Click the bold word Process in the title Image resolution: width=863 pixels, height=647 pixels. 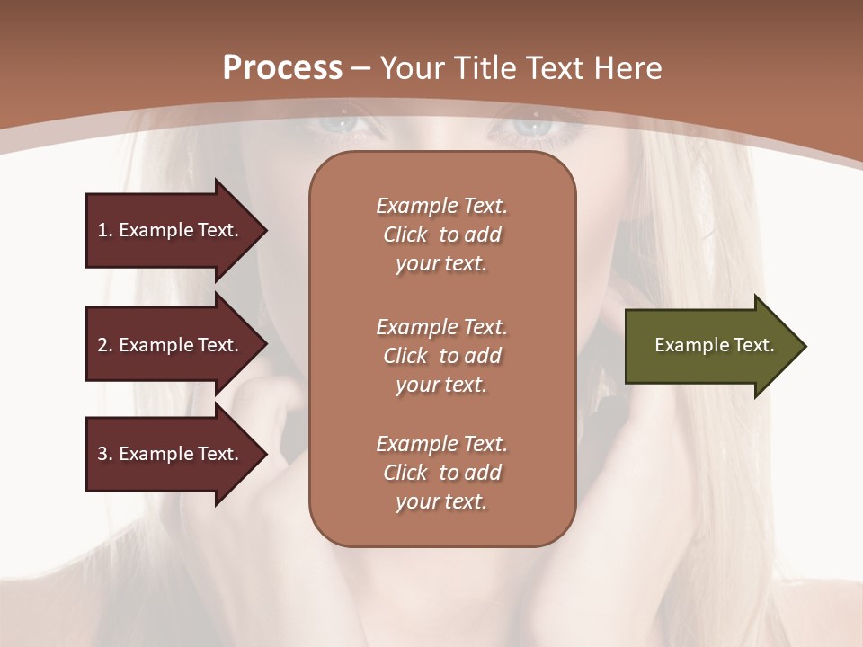click(x=282, y=68)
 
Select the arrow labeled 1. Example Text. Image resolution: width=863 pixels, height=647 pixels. click(x=171, y=230)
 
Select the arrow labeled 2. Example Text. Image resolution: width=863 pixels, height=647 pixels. click(x=171, y=345)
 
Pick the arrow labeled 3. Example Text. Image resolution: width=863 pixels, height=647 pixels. click(x=171, y=454)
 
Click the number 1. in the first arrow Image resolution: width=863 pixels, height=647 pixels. click(x=105, y=230)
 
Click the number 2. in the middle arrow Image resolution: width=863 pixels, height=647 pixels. click(x=105, y=345)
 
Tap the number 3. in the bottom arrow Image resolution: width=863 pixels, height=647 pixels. click(x=105, y=454)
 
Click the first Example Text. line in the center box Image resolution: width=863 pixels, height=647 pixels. click(x=441, y=206)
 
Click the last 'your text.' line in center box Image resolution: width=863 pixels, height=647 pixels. click(x=441, y=501)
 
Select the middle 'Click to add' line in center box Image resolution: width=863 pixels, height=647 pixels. click(x=441, y=356)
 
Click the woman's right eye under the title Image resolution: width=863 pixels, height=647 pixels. click(x=538, y=126)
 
